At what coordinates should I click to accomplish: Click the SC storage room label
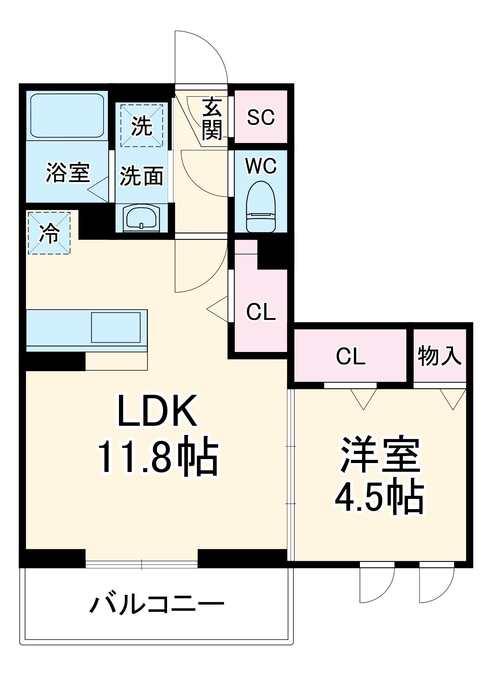tap(261, 117)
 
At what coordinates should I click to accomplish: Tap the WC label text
tap(261, 166)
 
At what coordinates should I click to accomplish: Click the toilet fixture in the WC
tap(261, 207)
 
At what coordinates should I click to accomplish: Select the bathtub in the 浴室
tap(67, 115)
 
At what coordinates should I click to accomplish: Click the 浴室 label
tap(68, 173)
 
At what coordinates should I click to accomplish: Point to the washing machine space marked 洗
tap(141, 126)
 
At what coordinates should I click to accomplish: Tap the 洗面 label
tap(141, 176)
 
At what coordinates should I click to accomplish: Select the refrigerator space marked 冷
tap(49, 233)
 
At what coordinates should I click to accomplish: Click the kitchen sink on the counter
tap(116, 327)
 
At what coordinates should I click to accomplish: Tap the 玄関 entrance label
tap(212, 119)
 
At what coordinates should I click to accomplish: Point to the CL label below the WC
tap(261, 312)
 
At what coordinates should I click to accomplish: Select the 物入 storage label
tap(439, 356)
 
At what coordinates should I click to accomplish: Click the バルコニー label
tap(157, 604)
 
